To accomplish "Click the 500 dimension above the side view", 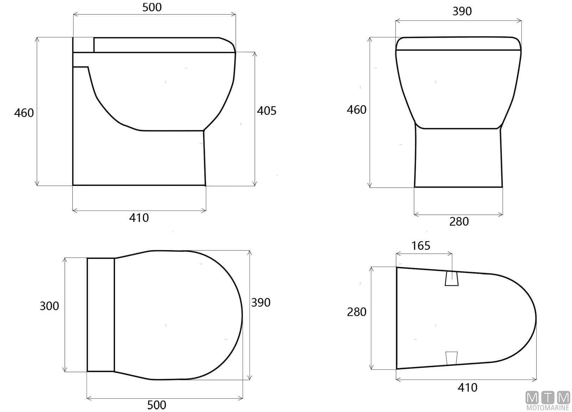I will pyautogui.click(x=152, y=7).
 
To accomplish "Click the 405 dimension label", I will pyautogui.click(x=266, y=111).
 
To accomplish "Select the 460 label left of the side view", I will pyautogui.click(x=24, y=113).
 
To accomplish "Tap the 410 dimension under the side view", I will pyautogui.click(x=139, y=218).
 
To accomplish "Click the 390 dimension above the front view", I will pyautogui.click(x=462, y=12).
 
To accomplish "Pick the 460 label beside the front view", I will pyautogui.click(x=357, y=110).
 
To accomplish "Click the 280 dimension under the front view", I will pyautogui.click(x=459, y=222).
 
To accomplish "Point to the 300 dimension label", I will pyautogui.click(x=49, y=306).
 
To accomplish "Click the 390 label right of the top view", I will pyautogui.click(x=260, y=302).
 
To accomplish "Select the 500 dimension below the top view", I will pyautogui.click(x=157, y=405).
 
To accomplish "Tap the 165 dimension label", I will pyautogui.click(x=421, y=246).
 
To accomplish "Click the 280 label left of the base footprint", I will pyautogui.click(x=357, y=312).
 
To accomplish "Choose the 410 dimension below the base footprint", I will pyautogui.click(x=467, y=388).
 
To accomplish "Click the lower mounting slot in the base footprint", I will pyautogui.click(x=451, y=358).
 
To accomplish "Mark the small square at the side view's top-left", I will pyautogui.click(x=83, y=45).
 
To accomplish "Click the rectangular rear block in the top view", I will pyautogui.click(x=101, y=315).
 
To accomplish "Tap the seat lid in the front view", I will pyautogui.click(x=458, y=44).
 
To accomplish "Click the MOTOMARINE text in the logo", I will pyautogui.click(x=548, y=408).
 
